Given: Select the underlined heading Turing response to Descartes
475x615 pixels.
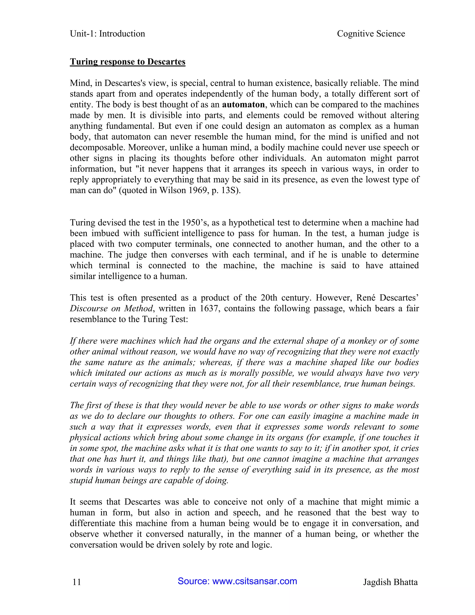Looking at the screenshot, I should tap(128, 62).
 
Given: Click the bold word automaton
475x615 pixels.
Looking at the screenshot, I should tap(243, 104).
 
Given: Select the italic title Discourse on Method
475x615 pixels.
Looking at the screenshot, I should tap(111, 308).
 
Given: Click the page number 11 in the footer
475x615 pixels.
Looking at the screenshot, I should tap(77, 582).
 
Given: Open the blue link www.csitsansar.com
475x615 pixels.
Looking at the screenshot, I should tap(254, 581).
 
